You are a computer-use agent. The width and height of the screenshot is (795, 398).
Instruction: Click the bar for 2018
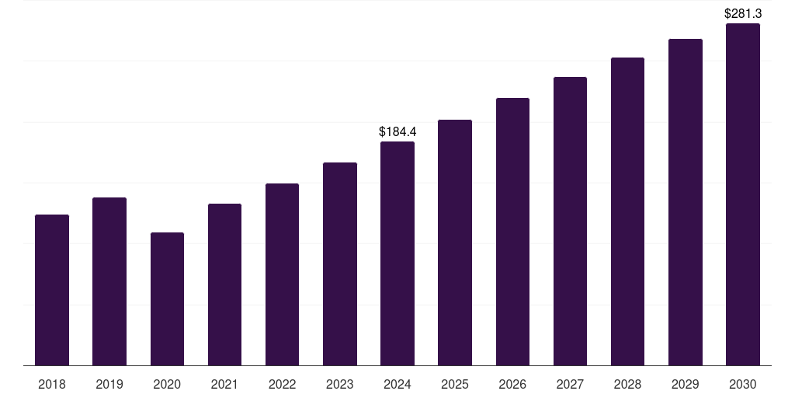(52, 290)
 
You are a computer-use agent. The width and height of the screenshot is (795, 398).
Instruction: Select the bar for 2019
(109, 281)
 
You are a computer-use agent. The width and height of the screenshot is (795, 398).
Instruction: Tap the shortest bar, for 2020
(167, 299)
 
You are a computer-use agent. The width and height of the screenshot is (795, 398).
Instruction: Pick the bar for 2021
(224, 285)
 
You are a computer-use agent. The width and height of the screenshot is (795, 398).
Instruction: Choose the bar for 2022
(282, 274)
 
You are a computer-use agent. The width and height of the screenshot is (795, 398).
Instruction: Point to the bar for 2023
(340, 264)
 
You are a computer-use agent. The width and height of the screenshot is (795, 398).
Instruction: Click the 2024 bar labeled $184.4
(397, 253)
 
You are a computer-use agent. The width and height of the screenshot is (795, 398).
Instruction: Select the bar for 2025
(455, 243)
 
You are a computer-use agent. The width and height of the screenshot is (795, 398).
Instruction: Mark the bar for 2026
(512, 232)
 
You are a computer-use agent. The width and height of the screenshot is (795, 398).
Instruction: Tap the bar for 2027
(570, 222)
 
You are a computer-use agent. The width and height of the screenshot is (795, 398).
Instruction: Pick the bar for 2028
(627, 211)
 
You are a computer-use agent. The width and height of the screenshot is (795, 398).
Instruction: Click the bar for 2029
(686, 202)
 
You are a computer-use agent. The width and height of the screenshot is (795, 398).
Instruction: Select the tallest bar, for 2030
(743, 194)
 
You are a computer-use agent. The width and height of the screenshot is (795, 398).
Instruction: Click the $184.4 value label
(397, 131)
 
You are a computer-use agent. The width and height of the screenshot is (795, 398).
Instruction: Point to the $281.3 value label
(743, 13)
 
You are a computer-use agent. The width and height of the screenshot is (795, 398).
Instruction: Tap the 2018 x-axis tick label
(52, 384)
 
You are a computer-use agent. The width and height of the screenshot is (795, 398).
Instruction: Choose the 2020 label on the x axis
(167, 384)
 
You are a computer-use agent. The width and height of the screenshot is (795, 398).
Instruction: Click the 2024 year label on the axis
(397, 384)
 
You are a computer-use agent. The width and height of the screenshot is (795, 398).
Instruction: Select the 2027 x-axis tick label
(570, 384)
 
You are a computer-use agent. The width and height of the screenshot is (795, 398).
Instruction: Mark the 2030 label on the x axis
(743, 384)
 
